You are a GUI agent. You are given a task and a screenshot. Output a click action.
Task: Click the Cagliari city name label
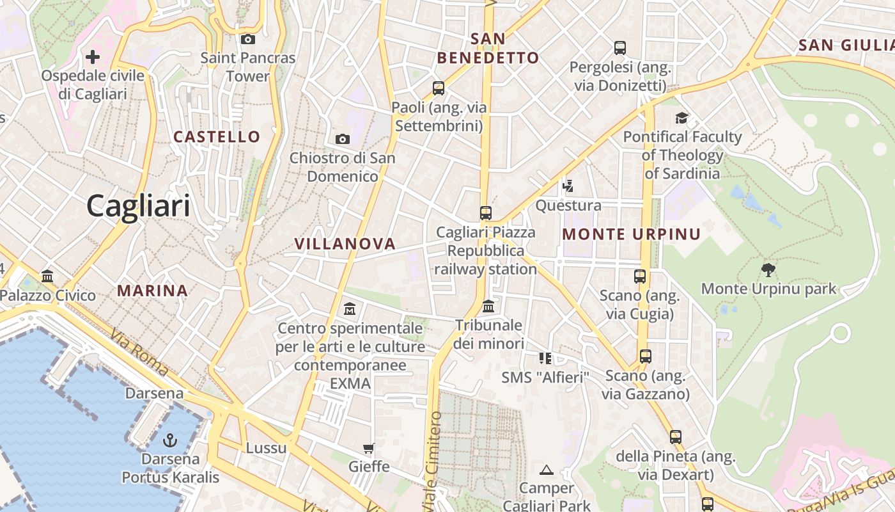click(138, 206)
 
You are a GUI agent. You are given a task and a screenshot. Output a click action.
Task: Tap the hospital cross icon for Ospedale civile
click(93, 57)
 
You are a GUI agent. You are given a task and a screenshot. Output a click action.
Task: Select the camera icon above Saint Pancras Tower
click(248, 40)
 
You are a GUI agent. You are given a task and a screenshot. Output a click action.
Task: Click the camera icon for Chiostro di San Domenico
click(343, 139)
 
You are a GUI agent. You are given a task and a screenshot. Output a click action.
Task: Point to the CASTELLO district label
click(217, 136)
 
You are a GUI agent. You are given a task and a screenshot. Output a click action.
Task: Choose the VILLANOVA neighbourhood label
click(345, 244)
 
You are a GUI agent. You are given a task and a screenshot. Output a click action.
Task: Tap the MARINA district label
click(152, 291)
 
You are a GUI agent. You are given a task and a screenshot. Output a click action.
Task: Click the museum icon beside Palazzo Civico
click(47, 276)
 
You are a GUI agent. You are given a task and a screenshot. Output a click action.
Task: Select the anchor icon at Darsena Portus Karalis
click(170, 440)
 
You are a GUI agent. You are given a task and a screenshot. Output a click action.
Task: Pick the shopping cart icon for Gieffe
click(368, 448)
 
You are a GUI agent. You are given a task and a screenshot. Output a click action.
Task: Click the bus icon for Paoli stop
click(439, 88)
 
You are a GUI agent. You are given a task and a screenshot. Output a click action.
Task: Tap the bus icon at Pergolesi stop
click(619, 48)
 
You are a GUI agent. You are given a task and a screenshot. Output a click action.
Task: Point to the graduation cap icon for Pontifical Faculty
click(682, 118)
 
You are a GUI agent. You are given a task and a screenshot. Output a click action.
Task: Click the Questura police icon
click(568, 186)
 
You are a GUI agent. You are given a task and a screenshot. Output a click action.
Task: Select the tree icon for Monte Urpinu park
click(768, 270)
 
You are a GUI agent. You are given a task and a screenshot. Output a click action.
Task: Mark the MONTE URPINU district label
click(631, 234)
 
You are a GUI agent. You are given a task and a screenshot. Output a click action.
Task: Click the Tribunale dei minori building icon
click(489, 307)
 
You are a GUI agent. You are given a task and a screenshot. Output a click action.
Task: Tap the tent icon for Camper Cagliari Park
click(546, 470)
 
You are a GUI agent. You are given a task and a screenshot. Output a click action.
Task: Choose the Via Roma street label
click(139, 353)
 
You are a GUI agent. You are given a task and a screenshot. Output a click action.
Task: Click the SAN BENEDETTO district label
click(488, 48)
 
